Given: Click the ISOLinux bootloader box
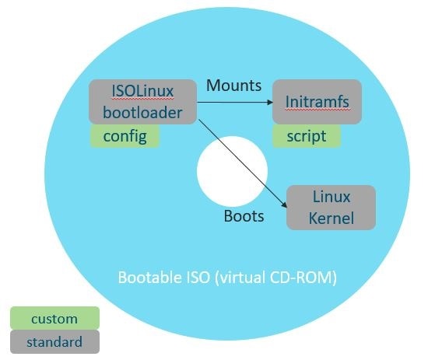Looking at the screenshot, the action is click(x=142, y=102).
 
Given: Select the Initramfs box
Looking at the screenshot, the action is click(x=317, y=102).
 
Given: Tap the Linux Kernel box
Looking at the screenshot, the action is click(x=331, y=208).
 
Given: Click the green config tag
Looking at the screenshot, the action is click(x=125, y=136).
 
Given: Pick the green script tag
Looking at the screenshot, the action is click(x=307, y=136).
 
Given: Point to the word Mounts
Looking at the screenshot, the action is click(x=234, y=86).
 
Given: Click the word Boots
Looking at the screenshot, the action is click(x=244, y=216).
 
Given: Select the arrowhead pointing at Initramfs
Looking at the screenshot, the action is click(x=270, y=103).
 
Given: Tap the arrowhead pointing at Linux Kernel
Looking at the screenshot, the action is click(x=284, y=204).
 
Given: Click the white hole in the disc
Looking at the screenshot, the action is click(x=232, y=171).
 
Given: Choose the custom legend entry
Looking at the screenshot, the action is click(x=55, y=318).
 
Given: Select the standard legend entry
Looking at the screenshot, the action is click(x=55, y=341).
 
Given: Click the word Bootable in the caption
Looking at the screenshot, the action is click(x=150, y=278).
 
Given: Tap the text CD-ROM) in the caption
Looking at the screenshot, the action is click(x=303, y=278).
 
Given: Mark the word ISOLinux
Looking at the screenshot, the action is click(x=142, y=91).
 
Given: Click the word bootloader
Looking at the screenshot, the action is click(x=142, y=113).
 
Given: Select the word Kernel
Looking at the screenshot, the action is click(x=331, y=218).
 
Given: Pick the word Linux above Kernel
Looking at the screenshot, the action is click(x=331, y=197).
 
